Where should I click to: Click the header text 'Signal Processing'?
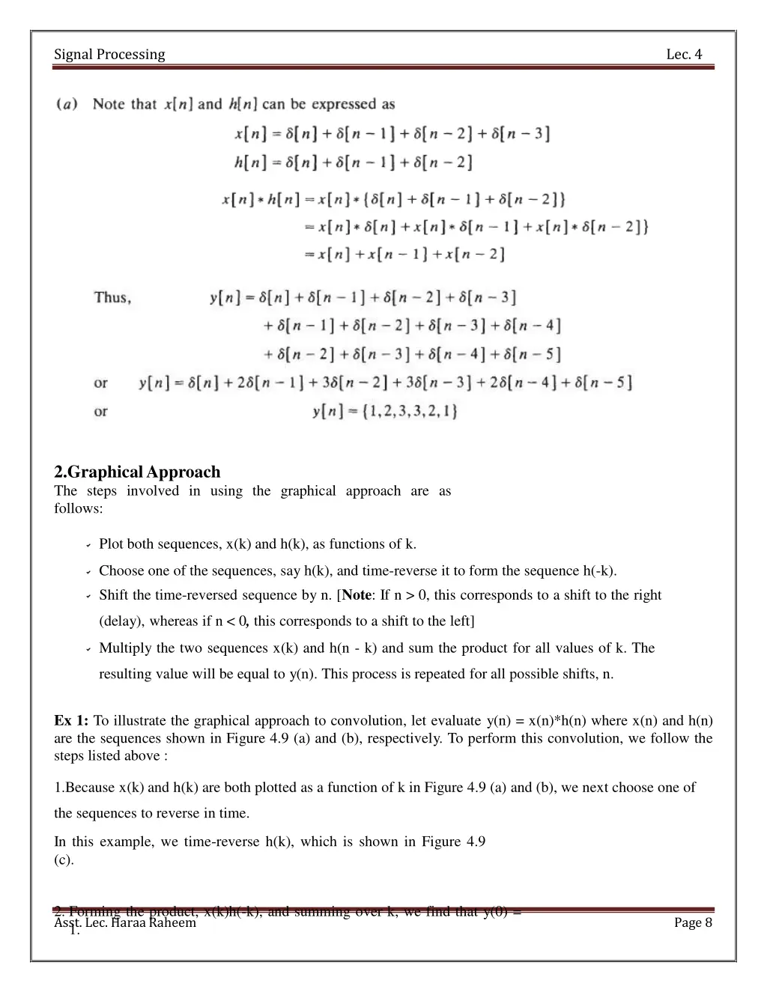click(109, 55)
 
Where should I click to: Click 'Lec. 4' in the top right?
click(684, 55)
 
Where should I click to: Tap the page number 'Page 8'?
click(693, 922)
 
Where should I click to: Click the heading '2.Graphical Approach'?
click(137, 472)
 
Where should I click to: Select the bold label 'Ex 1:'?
click(71, 721)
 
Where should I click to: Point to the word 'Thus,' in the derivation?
click(112, 298)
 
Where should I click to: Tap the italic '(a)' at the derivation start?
click(67, 105)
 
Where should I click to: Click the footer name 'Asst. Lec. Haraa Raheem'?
click(125, 923)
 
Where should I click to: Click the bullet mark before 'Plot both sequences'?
click(88, 545)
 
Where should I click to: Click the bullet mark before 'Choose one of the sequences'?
click(88, 572)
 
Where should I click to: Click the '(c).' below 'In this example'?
click(64, 859)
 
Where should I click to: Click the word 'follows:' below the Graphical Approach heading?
click(78, 508)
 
